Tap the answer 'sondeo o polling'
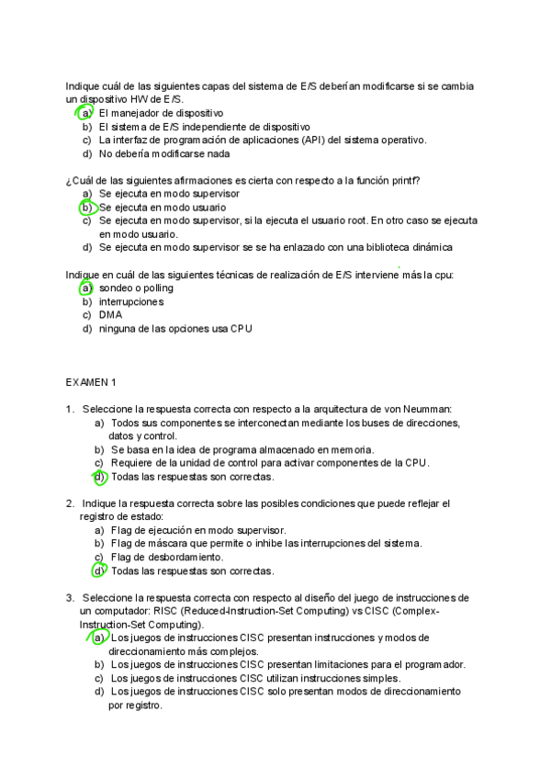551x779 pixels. coord(136,288)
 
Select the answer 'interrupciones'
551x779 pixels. coord(131,301)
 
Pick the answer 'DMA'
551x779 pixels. coord(110,314)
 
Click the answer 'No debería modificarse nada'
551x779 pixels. coord(164,153)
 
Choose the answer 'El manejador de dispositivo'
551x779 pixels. coord(161,113)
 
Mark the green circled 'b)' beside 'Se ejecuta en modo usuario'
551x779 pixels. coord(87,208)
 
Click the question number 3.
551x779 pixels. coord(70,597)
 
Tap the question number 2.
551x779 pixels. coord(70,503)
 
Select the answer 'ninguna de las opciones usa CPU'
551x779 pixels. coord(175,328)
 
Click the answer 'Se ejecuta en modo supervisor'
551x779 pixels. coord(169,194)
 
